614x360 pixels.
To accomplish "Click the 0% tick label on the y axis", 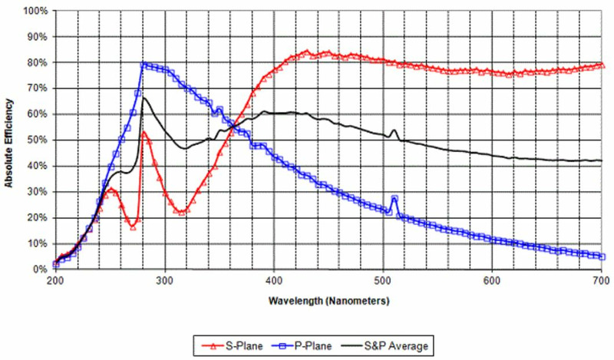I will (x=41, y=269).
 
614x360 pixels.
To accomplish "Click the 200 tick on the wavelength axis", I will (x=55, y=281).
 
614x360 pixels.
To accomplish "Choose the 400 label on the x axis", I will (x=274, y=281).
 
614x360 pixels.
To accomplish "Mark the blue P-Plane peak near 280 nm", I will (x=144, y=64).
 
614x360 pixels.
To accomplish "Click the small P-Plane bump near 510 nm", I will (x=394, y=199).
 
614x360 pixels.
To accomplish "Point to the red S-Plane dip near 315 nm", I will (x=180, y=212).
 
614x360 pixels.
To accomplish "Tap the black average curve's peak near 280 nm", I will (x=143, y=97).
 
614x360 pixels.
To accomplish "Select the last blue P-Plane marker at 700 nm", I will (x=602, y=256).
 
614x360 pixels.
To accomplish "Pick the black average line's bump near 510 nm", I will (x=394, y=130).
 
